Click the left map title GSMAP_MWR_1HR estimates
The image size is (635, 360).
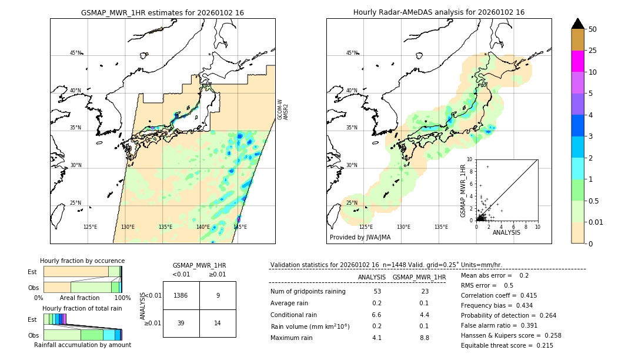[x=162, y=12]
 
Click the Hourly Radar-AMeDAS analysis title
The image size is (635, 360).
[x=439, y=12]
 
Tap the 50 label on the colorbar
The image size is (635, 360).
[x=593, y=29]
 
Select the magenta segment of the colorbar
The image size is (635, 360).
[x=577, y=61]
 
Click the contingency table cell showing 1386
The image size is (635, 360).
[x=181, y=295]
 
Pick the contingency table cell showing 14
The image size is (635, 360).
[x=218, y=323]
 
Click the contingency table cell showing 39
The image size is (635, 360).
[x=181, y=323]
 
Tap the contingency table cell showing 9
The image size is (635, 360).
[x=218, y=295]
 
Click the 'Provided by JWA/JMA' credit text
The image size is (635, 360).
[x=360, y=238]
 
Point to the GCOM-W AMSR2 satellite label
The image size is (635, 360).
[x=283, y=109]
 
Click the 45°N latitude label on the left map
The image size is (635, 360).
[x=75, y=53]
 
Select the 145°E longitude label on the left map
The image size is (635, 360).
[x=240, y=227]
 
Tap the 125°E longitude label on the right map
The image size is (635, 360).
[x=366, y=227]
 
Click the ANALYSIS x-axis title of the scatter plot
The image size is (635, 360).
[x=506, y=232]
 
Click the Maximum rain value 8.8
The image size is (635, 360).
[x=424, y=338]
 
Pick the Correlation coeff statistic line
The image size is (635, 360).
[x=499, y=295]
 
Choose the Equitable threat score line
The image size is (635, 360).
[x=507, y=345]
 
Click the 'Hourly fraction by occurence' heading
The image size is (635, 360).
[x=82, y=261]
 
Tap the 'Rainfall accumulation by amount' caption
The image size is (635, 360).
[x=82, y=345]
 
